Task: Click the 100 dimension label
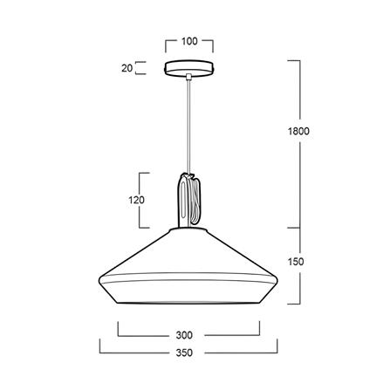pyautogui.click(x=189, y=41)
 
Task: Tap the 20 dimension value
pyautogui.click(x=127, y=68)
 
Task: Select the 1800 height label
pyautogui.click(x=298, y=131)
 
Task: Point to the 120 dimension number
pyautogui.click(x=136, y=200)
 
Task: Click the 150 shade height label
pyautogui.click(x=296, y=262)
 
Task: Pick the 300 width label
pyautogui.click(x=184, y=335)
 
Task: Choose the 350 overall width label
pyautogui.click(x=184, y=352)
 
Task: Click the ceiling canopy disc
pyautogui.click(x=189, y=68)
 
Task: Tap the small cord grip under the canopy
pyautogui.click(x=189, y=77)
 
